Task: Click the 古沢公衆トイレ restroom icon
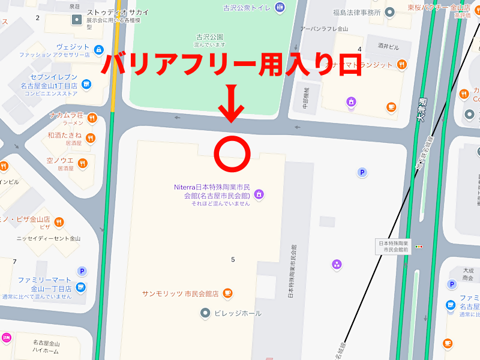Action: click(280, 8)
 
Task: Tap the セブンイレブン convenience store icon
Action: click(86, 85)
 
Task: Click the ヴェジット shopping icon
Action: click(98, 48)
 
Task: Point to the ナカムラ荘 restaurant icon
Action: click(92, 118)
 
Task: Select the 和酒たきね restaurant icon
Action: click(90, 139)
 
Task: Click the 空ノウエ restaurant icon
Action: click(82, 163)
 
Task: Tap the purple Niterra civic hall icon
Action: click(259, 194)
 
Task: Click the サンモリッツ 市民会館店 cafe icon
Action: click(227, 293)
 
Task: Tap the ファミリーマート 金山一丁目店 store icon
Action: click(80, 286)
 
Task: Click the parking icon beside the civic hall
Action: click(362, 173)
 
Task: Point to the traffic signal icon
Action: click(419, 246)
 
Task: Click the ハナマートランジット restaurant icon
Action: click(401, 64)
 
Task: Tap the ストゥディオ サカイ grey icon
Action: click(77, 20)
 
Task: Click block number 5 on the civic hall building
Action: click(233, 259)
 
